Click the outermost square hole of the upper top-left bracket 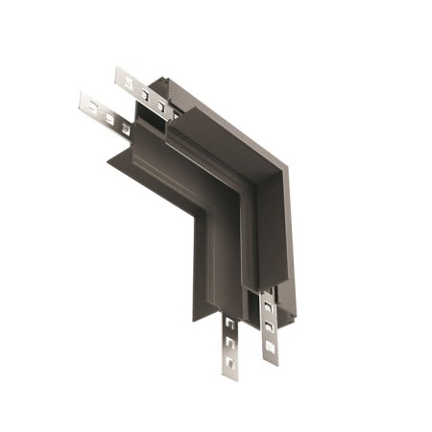125,81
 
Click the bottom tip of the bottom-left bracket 230,377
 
